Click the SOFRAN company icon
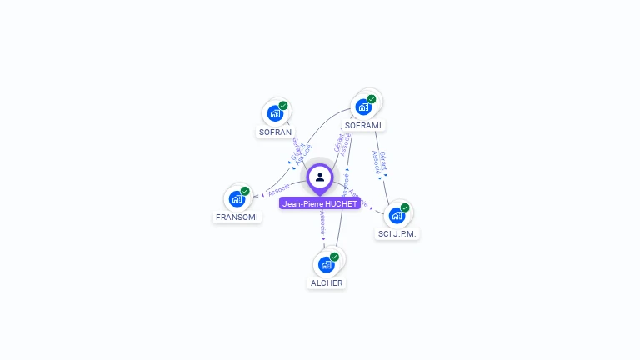(274, 114)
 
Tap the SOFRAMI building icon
(362, 107)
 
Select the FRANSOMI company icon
(237, 199)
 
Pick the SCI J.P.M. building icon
(397, 215)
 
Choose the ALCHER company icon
(326, 265)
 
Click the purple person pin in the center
(320, 177)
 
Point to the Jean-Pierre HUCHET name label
(320, 203)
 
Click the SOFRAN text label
(275, 132)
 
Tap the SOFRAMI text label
(363, 125)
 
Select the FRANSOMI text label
(237, 217)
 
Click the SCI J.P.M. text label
(397, 233)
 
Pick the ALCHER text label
(327, 283)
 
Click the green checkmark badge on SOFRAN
(283, 106)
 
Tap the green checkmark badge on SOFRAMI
(372, 99)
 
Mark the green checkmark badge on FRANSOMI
(245, 191)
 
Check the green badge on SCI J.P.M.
(405, 207)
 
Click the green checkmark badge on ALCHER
(334, 257)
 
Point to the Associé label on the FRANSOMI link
(278, 189)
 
